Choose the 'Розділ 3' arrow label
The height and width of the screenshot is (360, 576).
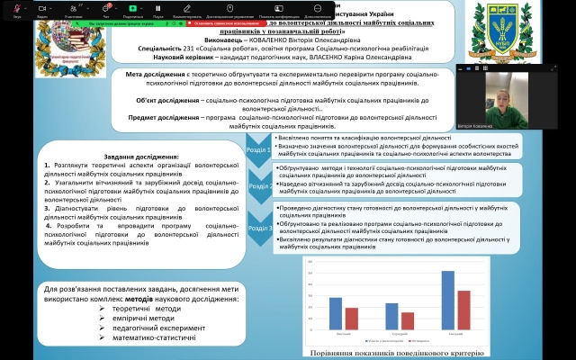(259, 228)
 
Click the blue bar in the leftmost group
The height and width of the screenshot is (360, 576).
(336, 313)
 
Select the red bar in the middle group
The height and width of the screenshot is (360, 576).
(408, 320)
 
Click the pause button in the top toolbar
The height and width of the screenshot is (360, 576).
(158, 8)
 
